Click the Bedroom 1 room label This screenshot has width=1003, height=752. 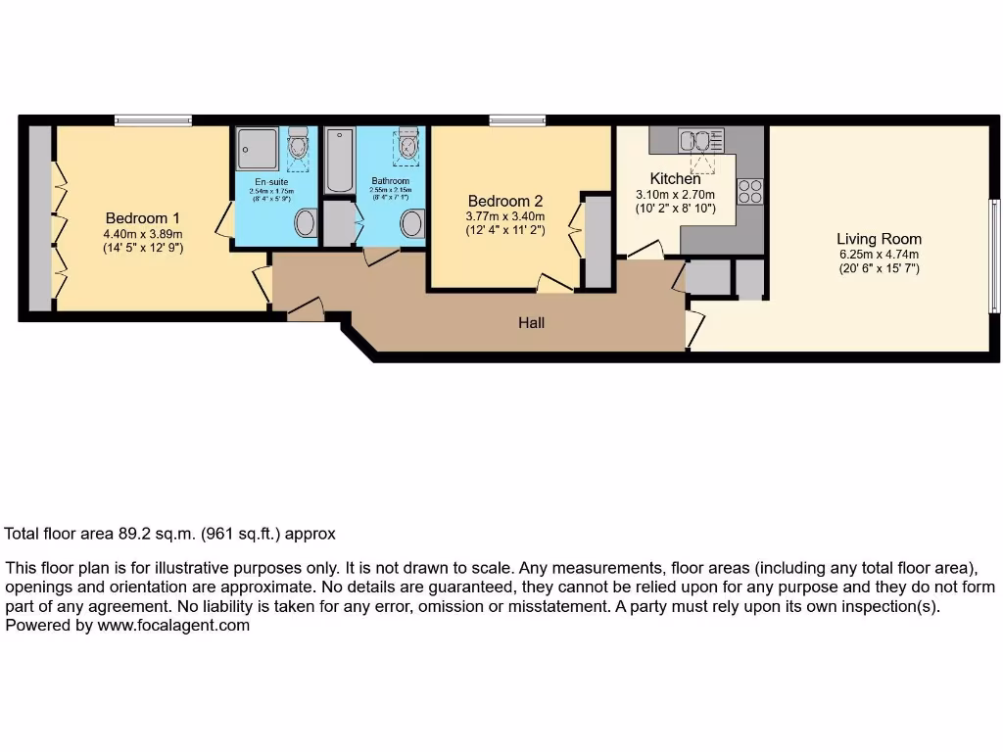click(142, 217)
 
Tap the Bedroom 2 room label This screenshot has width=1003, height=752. click(505, 201)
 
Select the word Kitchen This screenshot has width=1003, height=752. click(676, 179)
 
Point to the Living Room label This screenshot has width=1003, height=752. click(879, 238)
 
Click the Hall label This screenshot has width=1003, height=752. click(532, 322)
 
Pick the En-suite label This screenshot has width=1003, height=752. click(272, 182)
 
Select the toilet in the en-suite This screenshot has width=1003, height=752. click(299, 147)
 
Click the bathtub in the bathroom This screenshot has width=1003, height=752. click(339, 161)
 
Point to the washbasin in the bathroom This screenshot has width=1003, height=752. click(412, 223)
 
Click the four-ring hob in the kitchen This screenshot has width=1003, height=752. click(750, 191)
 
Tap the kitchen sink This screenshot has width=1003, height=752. click(702, 140)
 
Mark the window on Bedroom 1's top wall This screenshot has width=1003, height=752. click(152, 120)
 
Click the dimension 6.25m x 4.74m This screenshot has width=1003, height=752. click(879, 255)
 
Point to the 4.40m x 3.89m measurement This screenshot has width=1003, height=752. click(142, 234)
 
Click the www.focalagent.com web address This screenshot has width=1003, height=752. click(173, 625)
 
